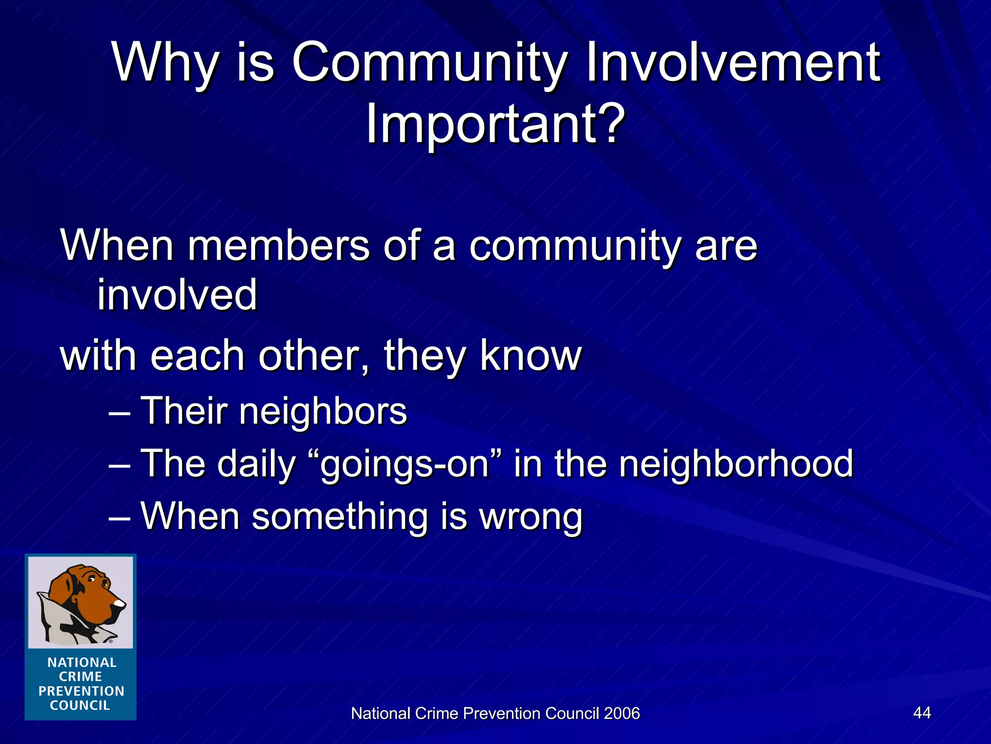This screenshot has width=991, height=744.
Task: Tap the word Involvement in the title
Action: point(733,63)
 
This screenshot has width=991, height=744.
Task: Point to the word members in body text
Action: point(278,246)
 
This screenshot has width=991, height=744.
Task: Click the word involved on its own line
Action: point(177,295)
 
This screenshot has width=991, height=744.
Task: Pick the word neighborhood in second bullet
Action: point(736,464)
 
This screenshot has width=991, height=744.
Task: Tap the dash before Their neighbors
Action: point(119,413)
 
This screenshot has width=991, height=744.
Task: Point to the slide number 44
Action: point(922,713)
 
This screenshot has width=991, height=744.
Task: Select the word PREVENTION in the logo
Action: point(81,691)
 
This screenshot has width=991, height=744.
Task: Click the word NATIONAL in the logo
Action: point(82,663)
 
